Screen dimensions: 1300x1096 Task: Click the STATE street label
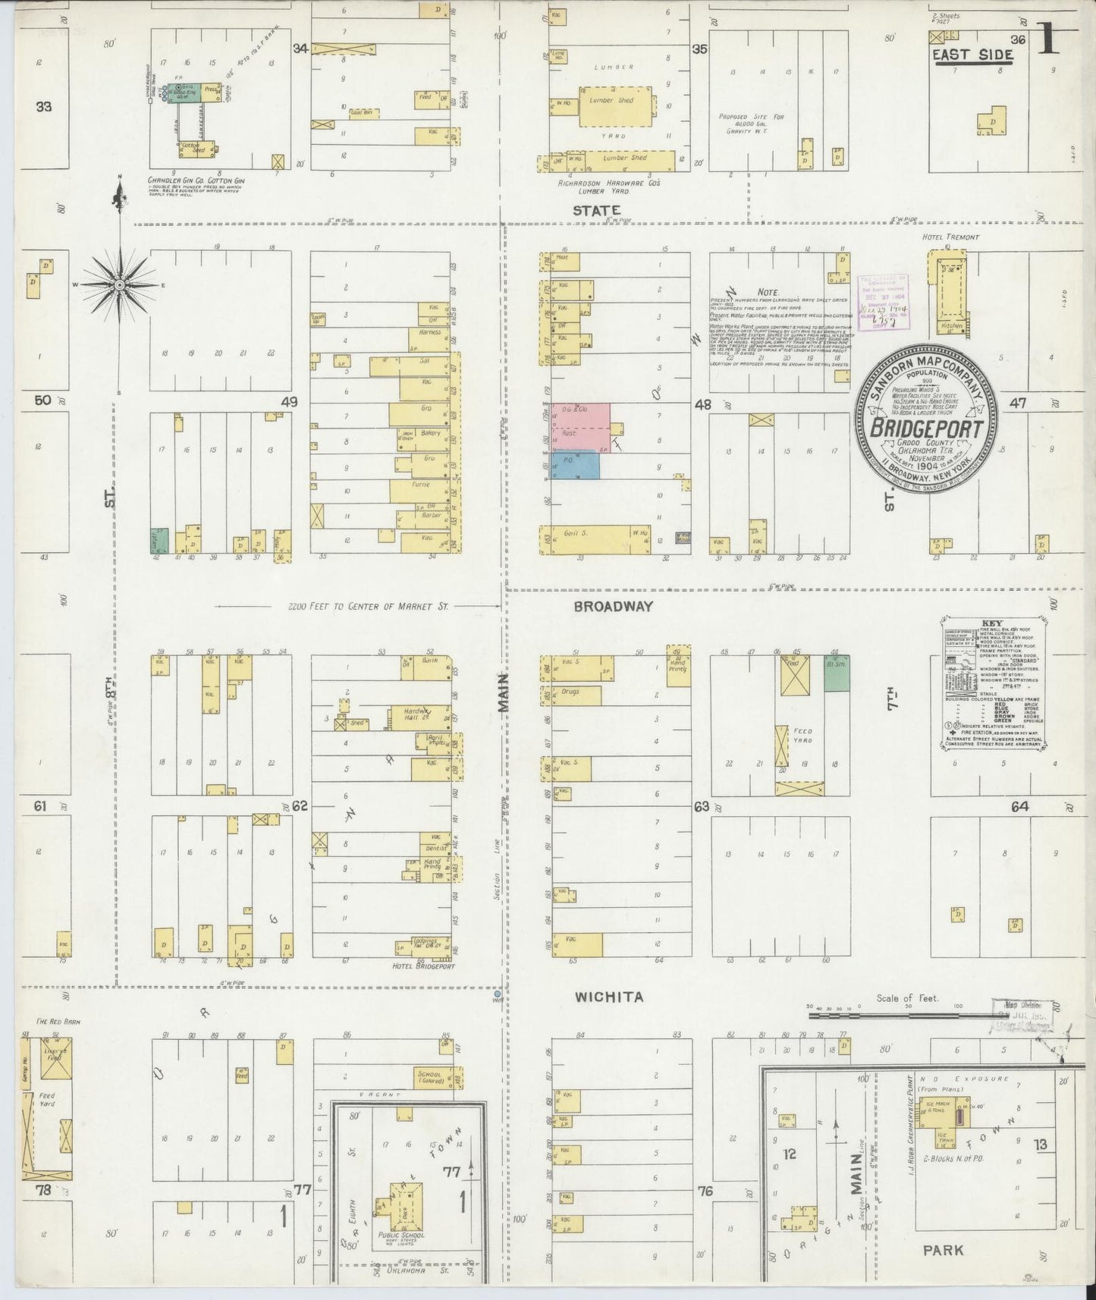[x=596, y=210]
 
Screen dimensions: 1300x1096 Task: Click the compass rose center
[x=119, y=284]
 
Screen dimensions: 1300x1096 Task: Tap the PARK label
[x=943, y=1249]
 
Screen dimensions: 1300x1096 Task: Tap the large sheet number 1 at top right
[x=1050, y=38]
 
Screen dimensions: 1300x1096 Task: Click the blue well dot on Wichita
[x=497, y=993]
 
